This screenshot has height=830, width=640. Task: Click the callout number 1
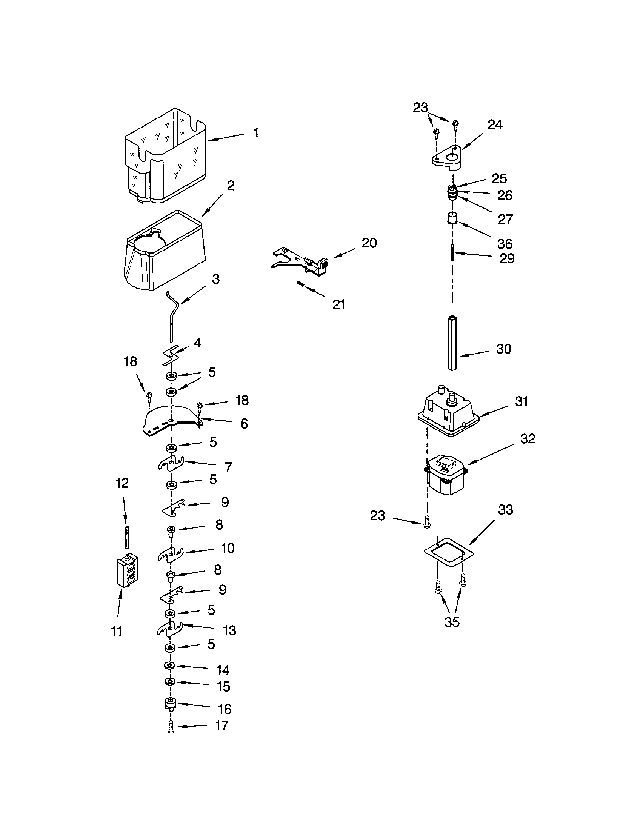[256, 133]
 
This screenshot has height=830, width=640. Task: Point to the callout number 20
[369, 243]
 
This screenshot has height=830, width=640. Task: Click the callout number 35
[452, 622]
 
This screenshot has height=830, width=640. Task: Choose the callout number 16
[225, 709]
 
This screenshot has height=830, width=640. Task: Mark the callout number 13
[229, 630]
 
